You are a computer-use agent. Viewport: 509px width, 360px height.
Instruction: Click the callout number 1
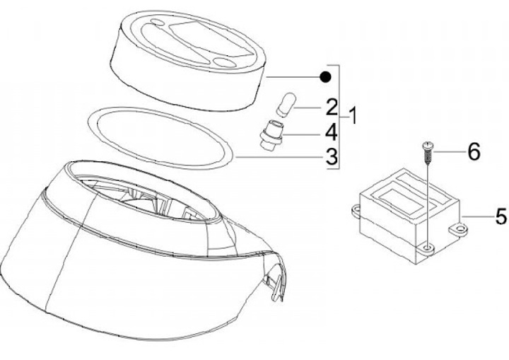point(353,116)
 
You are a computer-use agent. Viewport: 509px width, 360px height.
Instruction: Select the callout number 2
point(332,108)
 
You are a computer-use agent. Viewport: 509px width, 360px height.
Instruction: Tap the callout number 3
point(332,157)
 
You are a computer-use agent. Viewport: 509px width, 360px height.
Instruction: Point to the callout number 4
point(332,133)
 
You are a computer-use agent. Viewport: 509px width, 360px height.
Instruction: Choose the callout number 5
point(501,216)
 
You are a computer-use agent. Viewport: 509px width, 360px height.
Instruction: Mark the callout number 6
point(474,151)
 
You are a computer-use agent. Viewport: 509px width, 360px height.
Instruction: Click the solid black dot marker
point(325,77)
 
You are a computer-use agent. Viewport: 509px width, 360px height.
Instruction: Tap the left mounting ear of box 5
point(357,211)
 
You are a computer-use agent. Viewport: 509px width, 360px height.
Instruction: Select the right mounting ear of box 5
point(458,229)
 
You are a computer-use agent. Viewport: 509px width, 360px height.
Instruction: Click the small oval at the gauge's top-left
point(158,22)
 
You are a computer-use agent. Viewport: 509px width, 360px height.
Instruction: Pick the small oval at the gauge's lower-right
point(223,62)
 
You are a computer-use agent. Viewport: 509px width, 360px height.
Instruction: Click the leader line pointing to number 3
point(280,157)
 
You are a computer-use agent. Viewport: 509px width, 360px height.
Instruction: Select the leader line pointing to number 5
point(477,216)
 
